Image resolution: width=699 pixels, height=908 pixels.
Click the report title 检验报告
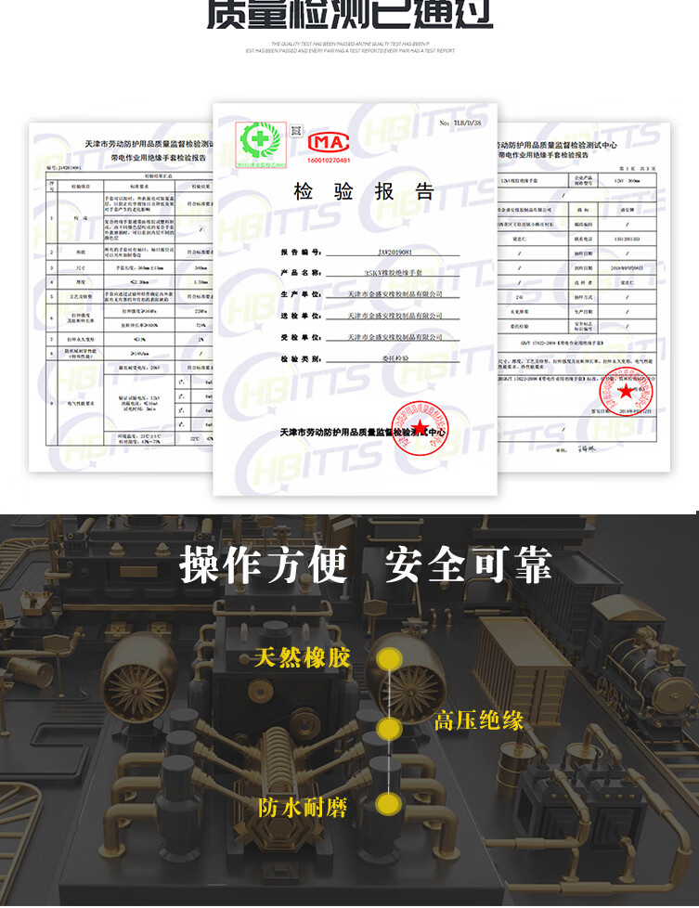(x=364, y=192)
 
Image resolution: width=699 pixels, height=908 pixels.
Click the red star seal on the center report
(x=422, y=428)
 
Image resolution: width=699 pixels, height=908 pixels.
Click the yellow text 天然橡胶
(x=303, y=658)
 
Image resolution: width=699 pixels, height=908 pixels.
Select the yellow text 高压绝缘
(x=479, y=720)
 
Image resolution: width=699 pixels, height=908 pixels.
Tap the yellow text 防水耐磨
(x=303, y=807)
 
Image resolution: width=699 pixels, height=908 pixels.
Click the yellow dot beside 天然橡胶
(x=392, y=659)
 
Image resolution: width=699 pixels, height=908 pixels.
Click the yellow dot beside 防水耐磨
(x=389, y=804)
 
